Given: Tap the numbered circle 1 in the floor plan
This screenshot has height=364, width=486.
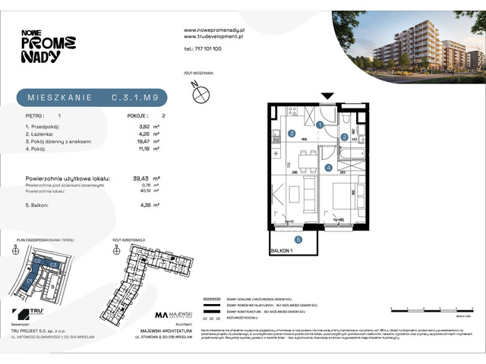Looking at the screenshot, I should tap(320, 125).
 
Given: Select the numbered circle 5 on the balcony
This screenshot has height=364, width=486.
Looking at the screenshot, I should tap(298, 240).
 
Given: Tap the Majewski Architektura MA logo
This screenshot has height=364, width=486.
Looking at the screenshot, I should tap(161, 315).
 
